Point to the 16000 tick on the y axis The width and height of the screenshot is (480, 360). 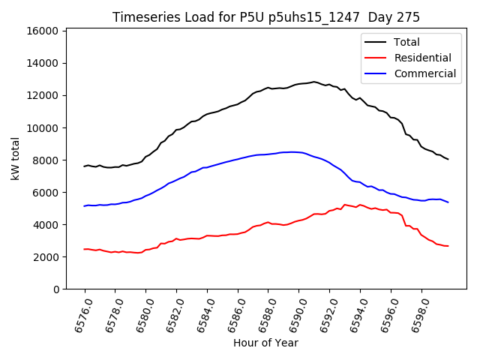[x=43, y=31]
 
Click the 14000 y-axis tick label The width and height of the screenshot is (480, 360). [x=43, y=63]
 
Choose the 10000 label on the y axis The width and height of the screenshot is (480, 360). [x=43, y=127]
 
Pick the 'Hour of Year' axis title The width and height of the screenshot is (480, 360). [x=265, y=343]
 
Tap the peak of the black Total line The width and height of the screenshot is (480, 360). [x=314, y=81]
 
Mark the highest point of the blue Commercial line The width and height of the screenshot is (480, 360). [x=292, y=151]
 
